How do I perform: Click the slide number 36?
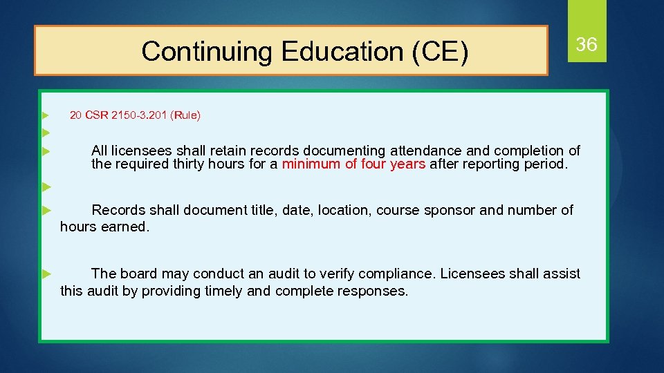pos(587,45)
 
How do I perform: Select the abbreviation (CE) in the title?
pos(441,51)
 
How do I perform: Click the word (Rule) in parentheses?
pos(187,115)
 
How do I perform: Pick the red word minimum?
pos(309,164)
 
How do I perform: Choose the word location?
pos(342,210)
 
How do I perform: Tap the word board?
pos(139,274)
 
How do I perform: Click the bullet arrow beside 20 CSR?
pos(44,115)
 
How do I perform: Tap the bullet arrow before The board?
pos(44,274)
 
